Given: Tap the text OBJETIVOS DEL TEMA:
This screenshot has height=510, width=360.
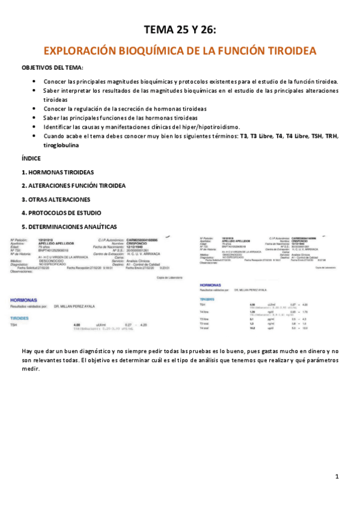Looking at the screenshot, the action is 53,67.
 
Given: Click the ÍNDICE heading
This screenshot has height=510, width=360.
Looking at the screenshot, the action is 31,158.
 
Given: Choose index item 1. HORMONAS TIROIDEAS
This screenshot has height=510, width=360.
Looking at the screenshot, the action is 57,172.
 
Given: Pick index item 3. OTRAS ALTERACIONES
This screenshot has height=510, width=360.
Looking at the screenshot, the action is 55,199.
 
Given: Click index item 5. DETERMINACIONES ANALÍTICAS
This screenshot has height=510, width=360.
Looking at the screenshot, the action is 69,226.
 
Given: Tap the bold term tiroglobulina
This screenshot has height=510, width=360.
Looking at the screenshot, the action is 61,145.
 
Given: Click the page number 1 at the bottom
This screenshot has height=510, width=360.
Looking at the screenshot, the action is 337,476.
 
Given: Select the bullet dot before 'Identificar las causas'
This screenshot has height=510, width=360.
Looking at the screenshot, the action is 37,127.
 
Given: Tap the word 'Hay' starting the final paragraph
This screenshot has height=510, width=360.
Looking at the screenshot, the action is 27,351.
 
